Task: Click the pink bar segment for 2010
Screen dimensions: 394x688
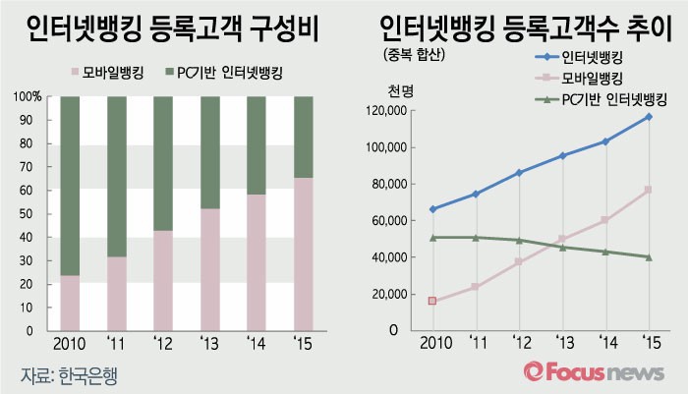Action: [70, 303]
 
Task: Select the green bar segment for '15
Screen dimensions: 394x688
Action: [305, 137]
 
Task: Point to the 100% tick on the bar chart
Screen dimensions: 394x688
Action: [28, 97]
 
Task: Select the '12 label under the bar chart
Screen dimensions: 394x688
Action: [163, 344]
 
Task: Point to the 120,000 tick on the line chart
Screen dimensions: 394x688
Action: [387, 111]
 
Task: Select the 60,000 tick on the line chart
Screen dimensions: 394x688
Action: [391, 221]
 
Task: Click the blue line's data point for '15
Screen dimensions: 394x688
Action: [649, 117]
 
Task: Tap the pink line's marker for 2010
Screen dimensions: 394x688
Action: [432, 301]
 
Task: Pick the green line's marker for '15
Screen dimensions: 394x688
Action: [649, 257]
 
